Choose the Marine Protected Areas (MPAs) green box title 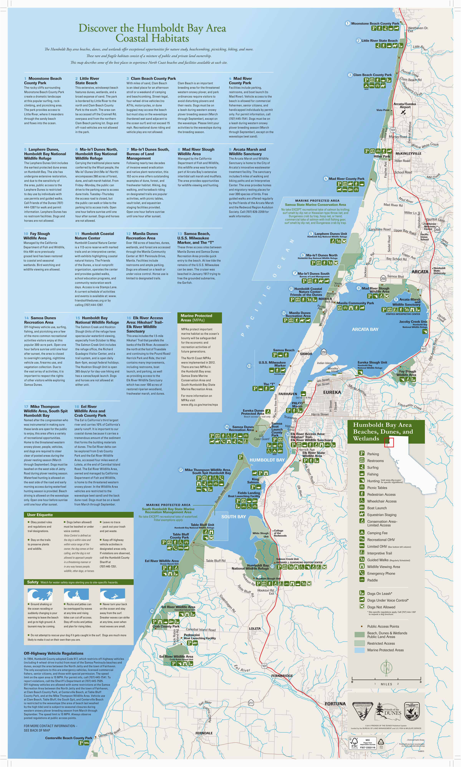[x=199, y=317]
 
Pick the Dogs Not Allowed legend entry [x=381, y=607]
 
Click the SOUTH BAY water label [x=233, y=517]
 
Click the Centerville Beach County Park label [x=69, y=738]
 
